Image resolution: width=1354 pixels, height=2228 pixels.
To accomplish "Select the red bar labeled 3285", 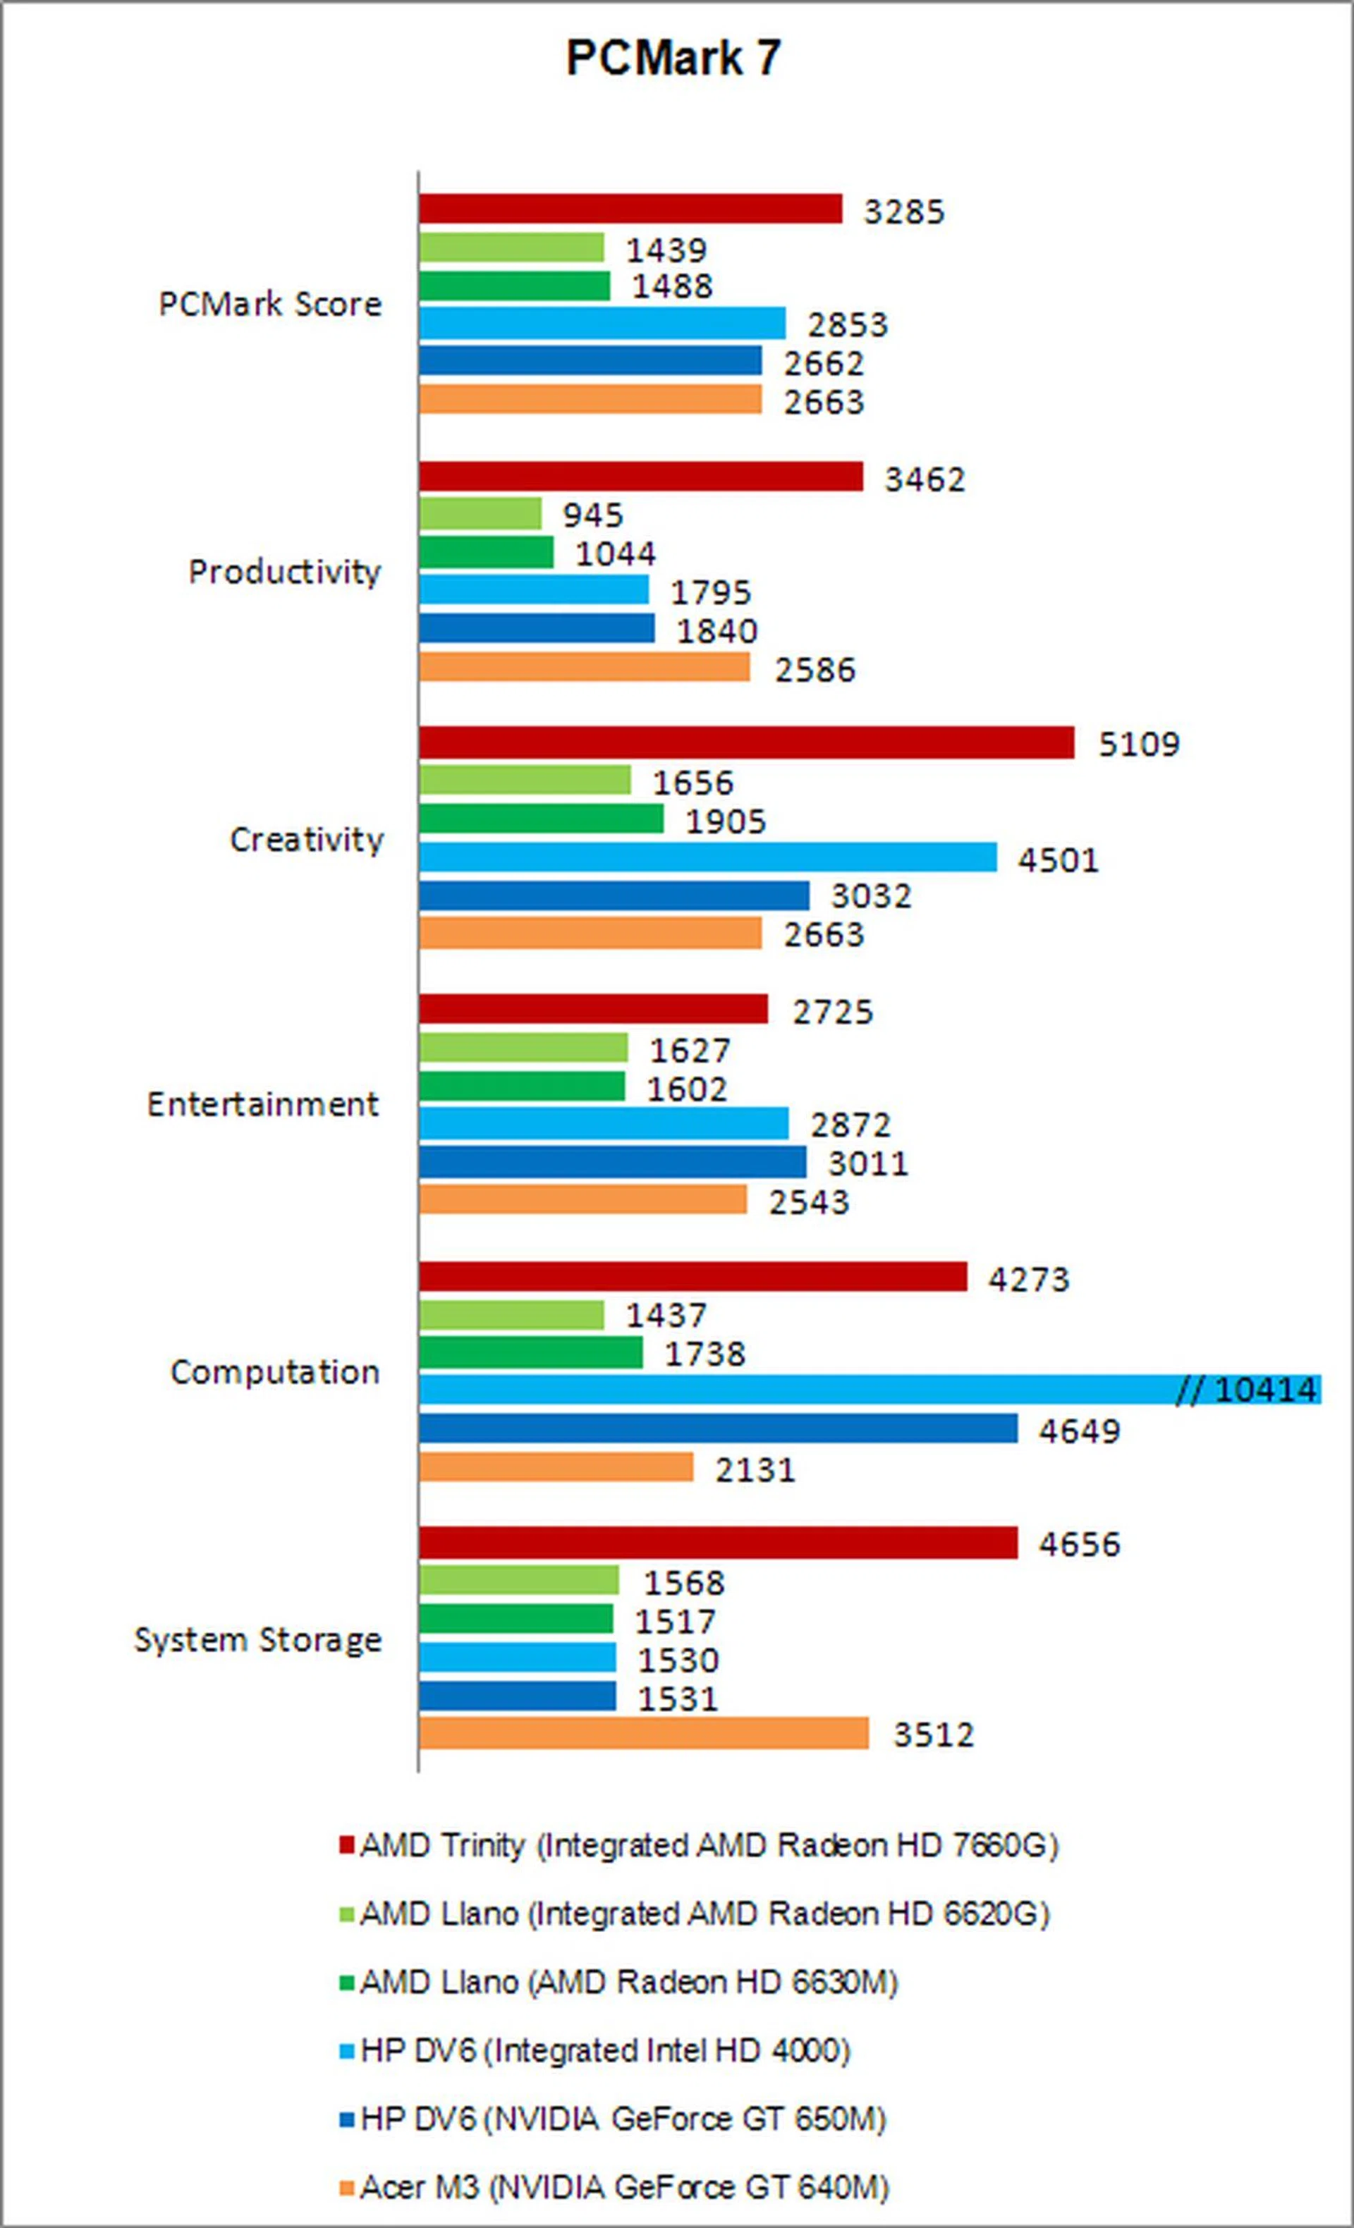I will pos(630,209).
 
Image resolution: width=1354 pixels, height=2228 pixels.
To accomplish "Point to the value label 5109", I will pos(1139,744).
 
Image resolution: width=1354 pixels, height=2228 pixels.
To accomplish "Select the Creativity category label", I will pos(307,840).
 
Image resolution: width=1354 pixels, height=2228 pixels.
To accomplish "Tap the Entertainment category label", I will pos(263,1104).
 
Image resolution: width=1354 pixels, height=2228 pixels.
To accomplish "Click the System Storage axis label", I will pos(258,1639).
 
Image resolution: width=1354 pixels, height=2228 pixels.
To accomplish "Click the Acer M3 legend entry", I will pos(624,2186).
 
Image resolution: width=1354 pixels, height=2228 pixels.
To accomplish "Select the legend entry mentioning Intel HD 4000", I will pos(605,2050).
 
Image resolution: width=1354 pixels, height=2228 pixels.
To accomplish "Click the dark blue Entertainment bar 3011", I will pos(612,1162).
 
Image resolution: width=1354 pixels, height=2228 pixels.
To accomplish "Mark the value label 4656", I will pos(1079,1543).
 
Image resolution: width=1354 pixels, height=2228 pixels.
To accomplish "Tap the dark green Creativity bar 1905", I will pos(541,819).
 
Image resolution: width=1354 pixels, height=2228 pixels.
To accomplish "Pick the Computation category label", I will pos(275,1372).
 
